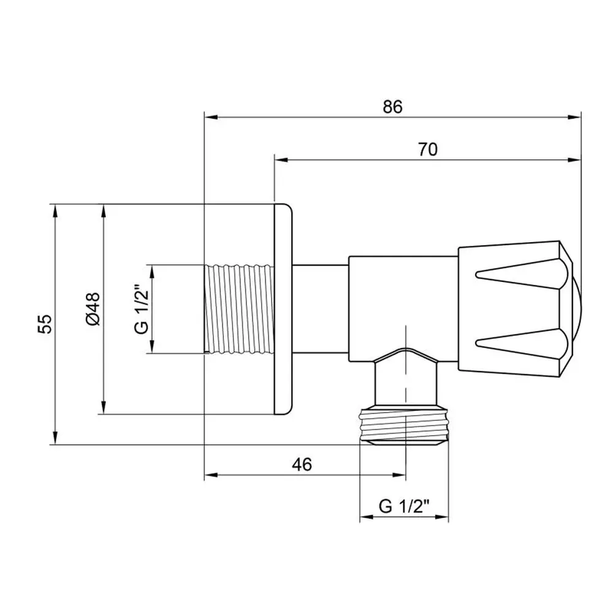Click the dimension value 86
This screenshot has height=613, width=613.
[x=392, y=107]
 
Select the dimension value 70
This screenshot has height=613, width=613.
[x=428, y=150]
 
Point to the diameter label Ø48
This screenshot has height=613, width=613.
[x=93, y=309]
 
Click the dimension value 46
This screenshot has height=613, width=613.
[x=302, y=465]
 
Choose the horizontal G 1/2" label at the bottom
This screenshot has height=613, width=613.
[x=404, y=506]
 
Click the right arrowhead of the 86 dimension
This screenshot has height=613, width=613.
[x=574, y=117]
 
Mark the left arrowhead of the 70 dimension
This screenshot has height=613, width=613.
[x=281, y=159]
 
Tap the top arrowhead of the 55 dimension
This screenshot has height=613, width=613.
[x=56, y=211]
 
